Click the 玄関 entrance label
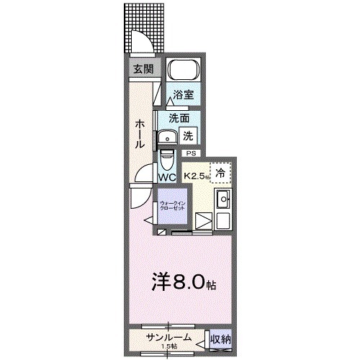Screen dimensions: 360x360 point(142,69)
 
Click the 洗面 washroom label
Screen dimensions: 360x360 point(179,117)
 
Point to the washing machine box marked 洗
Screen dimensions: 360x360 point(187,135)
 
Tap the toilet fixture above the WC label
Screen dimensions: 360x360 point(167,158)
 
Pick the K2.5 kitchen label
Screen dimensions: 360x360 point(196,176)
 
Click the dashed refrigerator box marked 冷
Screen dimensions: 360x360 point(222,172)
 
